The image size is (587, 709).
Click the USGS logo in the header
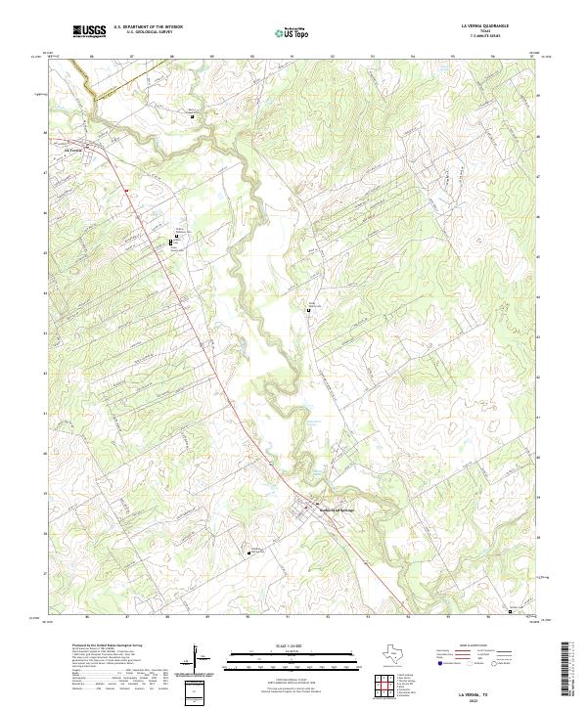pyautogui.click(x=89, y=31)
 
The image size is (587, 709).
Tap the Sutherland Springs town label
pyautogui.click(x=334, y=509)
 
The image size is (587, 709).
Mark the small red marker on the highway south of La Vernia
pyautogui.click(x=126, y=190)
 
